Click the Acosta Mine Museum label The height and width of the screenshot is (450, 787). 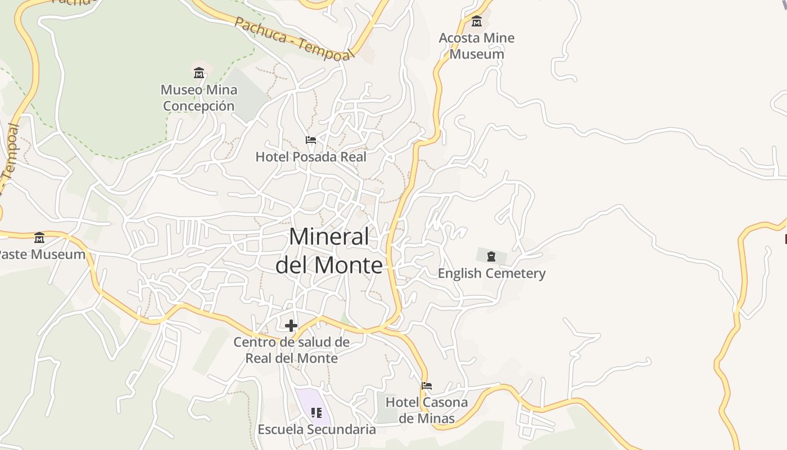476,46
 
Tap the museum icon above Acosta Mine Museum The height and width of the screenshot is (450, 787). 477,21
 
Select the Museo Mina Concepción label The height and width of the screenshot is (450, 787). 199,98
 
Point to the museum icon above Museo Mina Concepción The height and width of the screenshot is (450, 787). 199,73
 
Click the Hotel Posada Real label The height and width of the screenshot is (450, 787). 311,157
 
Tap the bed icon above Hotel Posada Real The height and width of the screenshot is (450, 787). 311,140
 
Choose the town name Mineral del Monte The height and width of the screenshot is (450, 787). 329,251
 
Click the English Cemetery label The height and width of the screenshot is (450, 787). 491,274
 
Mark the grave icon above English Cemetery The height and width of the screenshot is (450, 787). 491,257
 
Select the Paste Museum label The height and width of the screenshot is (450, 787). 43,254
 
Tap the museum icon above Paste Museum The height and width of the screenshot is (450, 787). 39,238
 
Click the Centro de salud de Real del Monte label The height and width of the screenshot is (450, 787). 291,350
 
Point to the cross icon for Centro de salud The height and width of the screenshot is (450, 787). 291,325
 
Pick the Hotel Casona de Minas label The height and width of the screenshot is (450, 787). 427,410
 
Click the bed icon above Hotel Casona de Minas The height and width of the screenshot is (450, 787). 427,386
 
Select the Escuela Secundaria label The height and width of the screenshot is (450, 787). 316,430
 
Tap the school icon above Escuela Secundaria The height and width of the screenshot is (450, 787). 316,413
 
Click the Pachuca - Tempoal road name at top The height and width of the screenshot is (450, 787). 295,38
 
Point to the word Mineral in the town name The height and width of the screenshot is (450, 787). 329,237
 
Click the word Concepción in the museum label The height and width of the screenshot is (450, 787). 199,106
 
